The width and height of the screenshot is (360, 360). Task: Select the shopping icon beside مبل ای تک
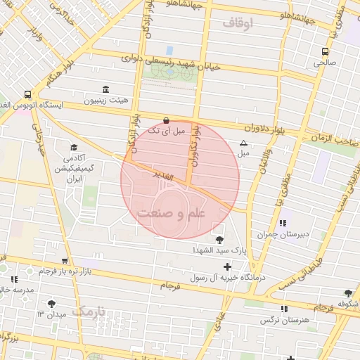click(x=166, y=120)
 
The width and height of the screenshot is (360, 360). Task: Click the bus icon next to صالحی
click(x=325, y=51)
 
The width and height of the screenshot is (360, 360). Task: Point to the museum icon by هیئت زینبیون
click(x=105, y=89)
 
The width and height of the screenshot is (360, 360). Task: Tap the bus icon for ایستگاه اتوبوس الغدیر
click(x=27, y=94)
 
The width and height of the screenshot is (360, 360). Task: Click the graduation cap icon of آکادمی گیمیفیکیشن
click(x=74, y=148)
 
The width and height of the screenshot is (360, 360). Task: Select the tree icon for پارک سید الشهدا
click(x=220, y=238)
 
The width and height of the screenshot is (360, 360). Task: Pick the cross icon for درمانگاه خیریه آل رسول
click(x=226, y=266)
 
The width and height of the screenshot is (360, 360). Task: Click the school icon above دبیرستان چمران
click(x=283, y=223)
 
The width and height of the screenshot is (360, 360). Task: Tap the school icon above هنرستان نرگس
click(x=284, y=309)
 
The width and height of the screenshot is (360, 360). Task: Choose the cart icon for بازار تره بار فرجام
click(x=65, y=260)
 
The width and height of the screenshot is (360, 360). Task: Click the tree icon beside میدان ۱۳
click(x=51, y=304)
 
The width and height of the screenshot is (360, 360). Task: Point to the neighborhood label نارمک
click(x=91, y=310)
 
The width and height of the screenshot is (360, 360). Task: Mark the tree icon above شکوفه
click(x=348, y=293)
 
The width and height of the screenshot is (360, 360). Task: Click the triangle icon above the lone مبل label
click(x=243, y=143)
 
